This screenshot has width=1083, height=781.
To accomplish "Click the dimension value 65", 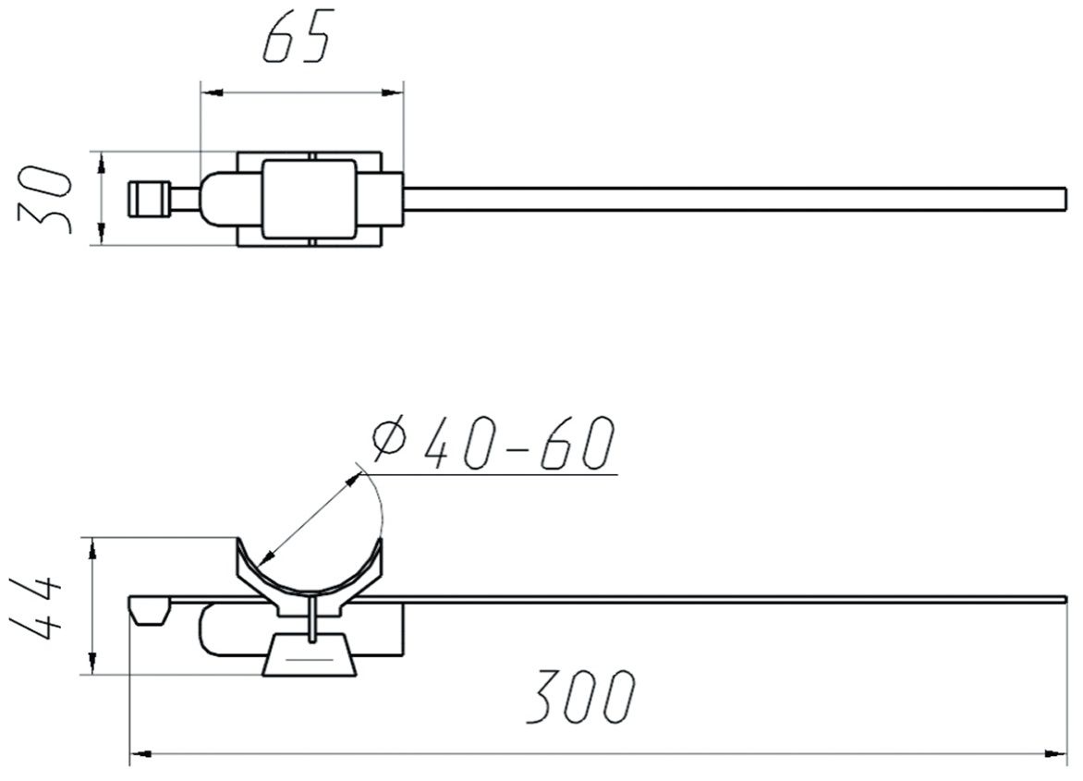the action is [x=296, y=37].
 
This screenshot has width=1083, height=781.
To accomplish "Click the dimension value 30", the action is [x=44, y=199].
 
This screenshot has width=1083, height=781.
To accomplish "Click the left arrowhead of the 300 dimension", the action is [x=140, y=753].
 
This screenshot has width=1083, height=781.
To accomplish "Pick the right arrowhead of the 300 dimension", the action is [x=1056, y=753].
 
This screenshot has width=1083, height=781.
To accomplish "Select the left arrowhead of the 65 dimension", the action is [x=212, y=92].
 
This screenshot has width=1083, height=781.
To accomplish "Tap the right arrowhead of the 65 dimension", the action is [x=392, y=92].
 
